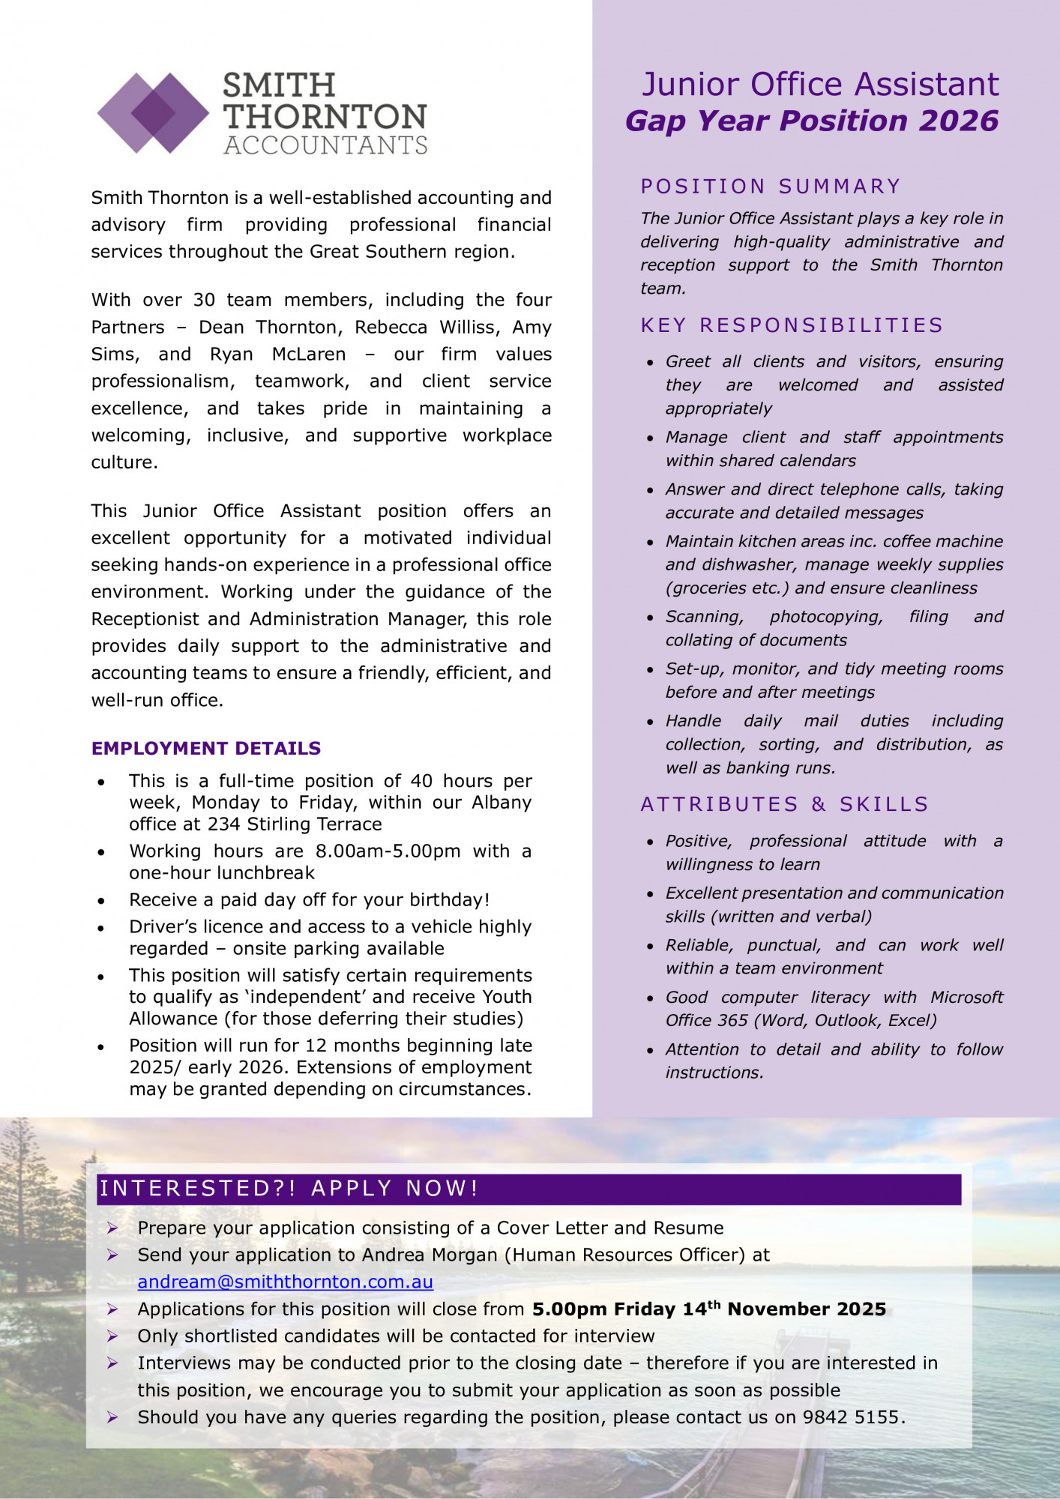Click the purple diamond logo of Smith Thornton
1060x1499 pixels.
(154, 113)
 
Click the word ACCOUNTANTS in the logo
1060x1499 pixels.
(325, 145)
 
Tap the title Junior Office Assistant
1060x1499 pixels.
(820, 84)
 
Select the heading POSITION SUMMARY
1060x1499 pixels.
(771, 186)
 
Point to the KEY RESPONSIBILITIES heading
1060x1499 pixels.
(792, 325)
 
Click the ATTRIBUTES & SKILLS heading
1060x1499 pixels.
(784, 804)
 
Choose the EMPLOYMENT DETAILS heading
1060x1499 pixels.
(206, 748)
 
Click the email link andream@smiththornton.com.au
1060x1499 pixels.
(285, 1282)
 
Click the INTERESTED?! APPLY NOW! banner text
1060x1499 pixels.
(289, 1189)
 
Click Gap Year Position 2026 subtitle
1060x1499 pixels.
(812, 121)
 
